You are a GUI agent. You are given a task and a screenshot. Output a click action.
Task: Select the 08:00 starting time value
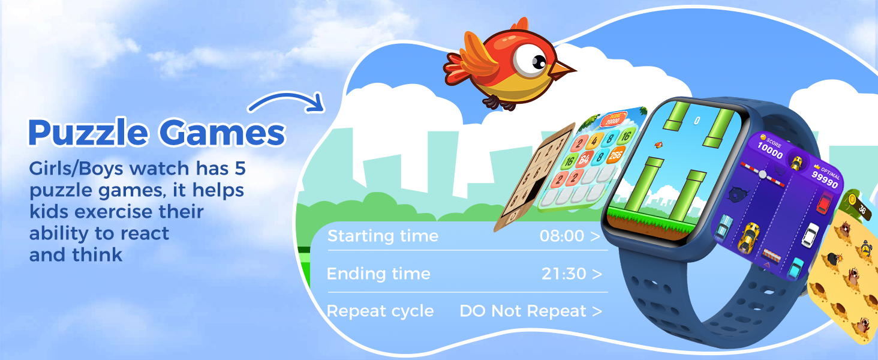[561, 236]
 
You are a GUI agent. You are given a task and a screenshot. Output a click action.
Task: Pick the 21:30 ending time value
[563, 274]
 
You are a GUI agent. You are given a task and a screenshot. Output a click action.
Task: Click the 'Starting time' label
[383, 236]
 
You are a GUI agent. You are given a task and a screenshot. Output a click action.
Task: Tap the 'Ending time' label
[378, 274]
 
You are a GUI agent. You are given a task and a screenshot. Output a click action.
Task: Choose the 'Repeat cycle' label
[380, 311]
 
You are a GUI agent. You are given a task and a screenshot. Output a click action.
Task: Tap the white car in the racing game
[810, 234]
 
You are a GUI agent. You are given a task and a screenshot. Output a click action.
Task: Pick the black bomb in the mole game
[834, 259]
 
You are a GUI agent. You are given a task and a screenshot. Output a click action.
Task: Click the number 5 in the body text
[239, 169]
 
